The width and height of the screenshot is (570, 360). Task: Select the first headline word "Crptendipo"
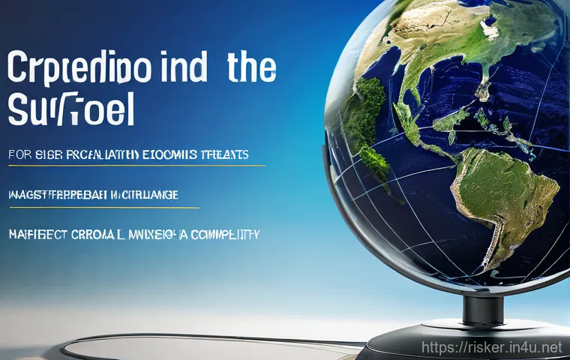tap(80, 69)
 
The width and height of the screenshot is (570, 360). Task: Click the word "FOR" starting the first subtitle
tap(22, 155)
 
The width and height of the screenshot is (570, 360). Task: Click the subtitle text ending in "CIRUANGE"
tap(93, 195)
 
